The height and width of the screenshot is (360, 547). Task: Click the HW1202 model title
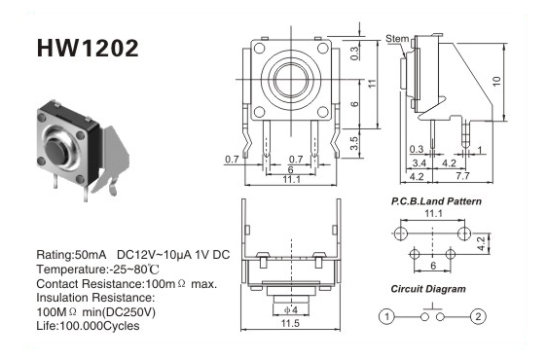point(88,48)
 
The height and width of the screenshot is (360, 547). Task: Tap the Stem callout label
point(397,38)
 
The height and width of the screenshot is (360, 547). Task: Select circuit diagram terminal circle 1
point(386,317)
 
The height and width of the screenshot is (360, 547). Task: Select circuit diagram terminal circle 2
point(478,317)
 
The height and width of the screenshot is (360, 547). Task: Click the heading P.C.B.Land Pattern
point(436,201)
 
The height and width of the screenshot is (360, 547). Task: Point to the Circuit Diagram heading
point(428,289)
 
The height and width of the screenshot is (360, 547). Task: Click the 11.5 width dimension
point(290,323)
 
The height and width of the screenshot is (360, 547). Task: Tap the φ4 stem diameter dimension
point(291,309)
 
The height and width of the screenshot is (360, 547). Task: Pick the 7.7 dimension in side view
point(462,176)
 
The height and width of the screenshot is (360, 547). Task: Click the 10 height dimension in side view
point(496,82)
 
